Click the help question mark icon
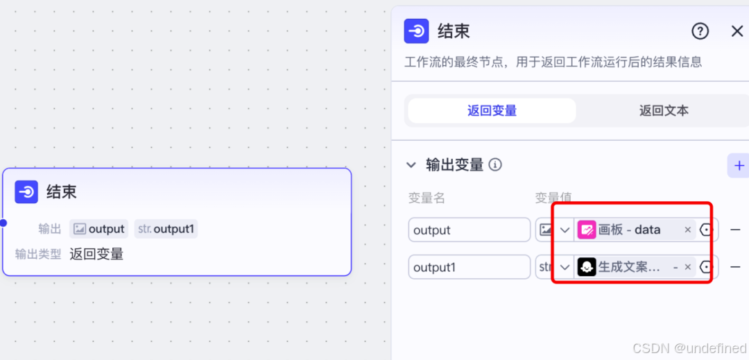(x=700, y=31)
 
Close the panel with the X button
(x=737, y=31)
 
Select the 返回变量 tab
(x=492, y=111)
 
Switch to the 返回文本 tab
(x=664, y=111)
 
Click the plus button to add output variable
(x=739, y=166)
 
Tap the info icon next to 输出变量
(x=495, y=165)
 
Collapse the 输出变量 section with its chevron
(x=411, y=165)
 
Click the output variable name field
(x=469, y=230)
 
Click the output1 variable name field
(x=469, y=267)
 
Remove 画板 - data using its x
(x=688, y=230)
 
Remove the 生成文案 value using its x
(x=688, y=267)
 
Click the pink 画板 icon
(x=587, y=230)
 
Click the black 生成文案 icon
(x=587, y=267)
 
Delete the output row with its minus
(x=735, y=230)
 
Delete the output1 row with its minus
(x=735, y=267)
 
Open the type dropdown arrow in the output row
(x=565, y=230)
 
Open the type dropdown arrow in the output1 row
(x=565, y=267)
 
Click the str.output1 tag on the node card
(x=166, y=229)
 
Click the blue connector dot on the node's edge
(x=3, y=223)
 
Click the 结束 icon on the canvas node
(x=26, y=192)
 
